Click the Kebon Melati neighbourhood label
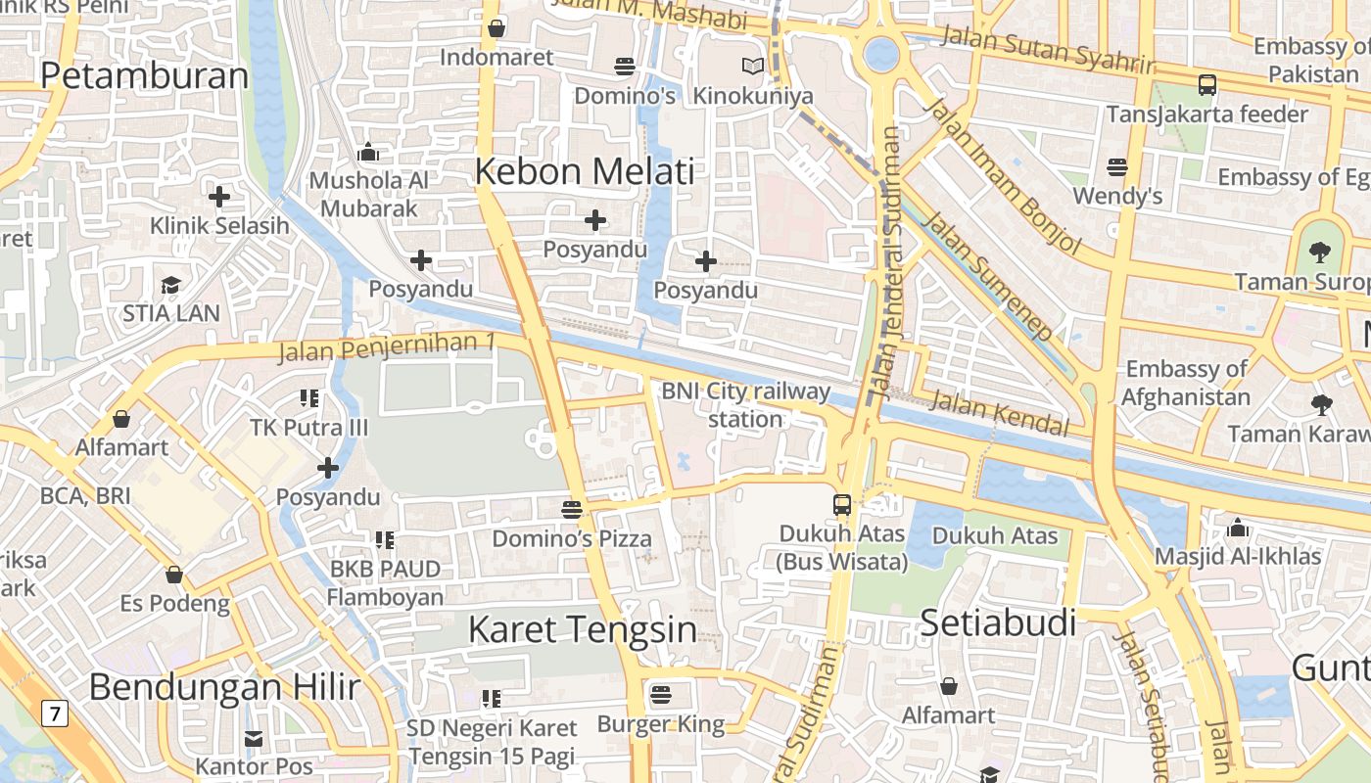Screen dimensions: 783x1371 584,171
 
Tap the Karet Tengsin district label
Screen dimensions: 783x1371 583,629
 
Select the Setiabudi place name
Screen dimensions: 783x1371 999,622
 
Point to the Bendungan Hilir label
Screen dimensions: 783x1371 224,687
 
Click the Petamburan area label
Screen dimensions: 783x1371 145,76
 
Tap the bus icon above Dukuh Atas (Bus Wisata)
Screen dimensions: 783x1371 842,505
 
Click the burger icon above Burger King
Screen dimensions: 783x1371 661,695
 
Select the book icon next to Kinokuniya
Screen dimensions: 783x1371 752,67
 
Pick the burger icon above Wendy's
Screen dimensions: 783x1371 1117,167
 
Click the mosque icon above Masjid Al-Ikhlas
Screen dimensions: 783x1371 1238,529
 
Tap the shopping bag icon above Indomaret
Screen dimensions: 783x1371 496,28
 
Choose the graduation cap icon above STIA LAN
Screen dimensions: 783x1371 171,285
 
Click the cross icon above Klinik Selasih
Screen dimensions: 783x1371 219,197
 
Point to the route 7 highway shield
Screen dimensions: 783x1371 55,714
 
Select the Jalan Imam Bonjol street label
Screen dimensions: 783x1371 1003,176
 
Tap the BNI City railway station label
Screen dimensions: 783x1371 745,405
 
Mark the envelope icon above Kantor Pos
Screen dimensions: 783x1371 254,739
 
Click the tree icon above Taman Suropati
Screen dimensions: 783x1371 1320,253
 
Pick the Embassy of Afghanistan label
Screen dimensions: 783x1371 1186,383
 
